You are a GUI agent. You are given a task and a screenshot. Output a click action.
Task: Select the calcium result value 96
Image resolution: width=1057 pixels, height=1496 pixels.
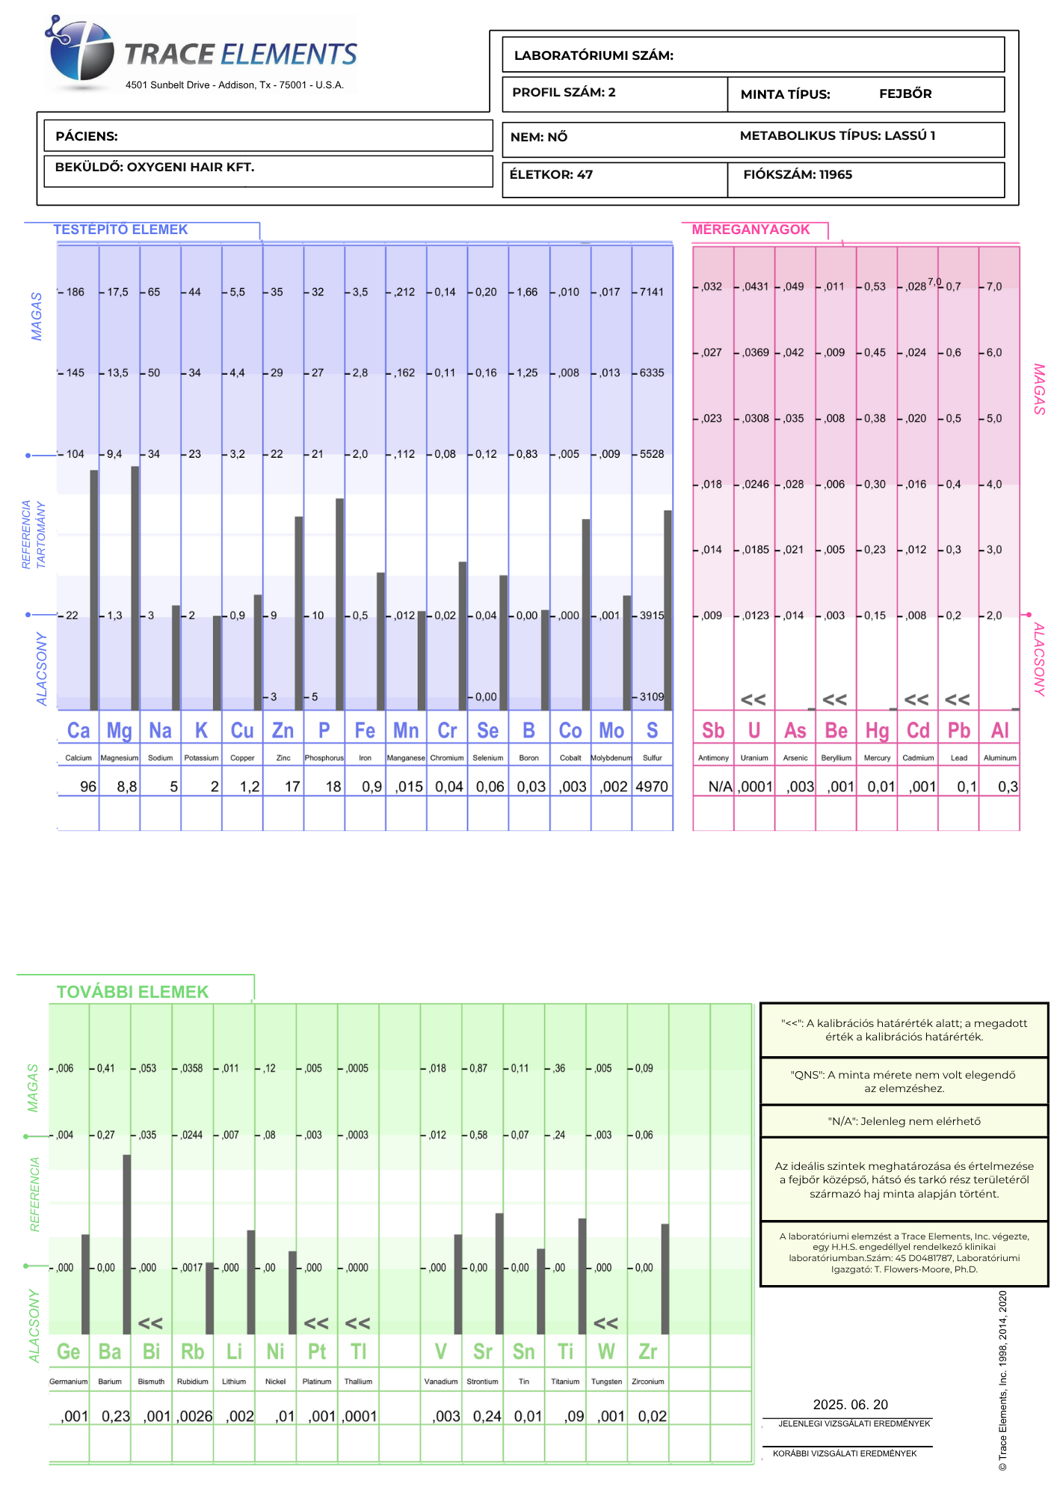(87, 787)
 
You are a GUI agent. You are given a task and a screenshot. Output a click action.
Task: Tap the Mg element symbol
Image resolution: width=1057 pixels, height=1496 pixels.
(119, 730)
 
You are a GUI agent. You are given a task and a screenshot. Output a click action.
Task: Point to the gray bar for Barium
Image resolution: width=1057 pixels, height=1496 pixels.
(127, 1245)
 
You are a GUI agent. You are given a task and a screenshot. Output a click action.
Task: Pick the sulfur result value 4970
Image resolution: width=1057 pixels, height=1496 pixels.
(652, 787)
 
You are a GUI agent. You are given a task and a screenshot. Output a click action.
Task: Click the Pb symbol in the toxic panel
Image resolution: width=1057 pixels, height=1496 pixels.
(958, 730)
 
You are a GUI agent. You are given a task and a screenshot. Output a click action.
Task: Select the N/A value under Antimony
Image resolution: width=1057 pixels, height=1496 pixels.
(720, 787)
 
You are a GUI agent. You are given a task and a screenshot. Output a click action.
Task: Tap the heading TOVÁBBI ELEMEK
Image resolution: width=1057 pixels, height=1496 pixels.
(132, 992)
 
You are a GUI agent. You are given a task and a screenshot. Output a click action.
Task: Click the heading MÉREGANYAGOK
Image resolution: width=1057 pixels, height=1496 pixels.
(751, 230)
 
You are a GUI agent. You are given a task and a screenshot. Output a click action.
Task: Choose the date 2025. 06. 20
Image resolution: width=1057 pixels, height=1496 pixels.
(850, 1405)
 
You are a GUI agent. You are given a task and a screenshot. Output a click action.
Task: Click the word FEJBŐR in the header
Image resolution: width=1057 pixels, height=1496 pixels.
(905, 94)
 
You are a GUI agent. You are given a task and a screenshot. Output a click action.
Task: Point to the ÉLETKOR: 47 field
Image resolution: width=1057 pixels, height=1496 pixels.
(551, 175)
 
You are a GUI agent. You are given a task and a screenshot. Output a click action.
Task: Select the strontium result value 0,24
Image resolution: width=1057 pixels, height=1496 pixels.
(487, 1417)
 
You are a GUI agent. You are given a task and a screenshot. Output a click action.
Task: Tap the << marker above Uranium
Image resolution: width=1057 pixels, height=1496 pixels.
(754, 700)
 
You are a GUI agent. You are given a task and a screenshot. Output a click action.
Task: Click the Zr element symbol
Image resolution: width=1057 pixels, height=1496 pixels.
(647, 1352)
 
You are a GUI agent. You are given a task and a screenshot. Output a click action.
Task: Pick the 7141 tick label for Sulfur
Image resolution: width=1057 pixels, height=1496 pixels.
(651, 292)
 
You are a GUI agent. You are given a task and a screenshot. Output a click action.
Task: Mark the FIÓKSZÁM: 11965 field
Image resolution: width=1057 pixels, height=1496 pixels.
(797, 175)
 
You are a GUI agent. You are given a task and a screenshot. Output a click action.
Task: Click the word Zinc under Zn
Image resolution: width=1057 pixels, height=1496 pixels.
(283, 758)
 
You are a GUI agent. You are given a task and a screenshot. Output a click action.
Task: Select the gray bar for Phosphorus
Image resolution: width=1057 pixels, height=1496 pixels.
(340, 604)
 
